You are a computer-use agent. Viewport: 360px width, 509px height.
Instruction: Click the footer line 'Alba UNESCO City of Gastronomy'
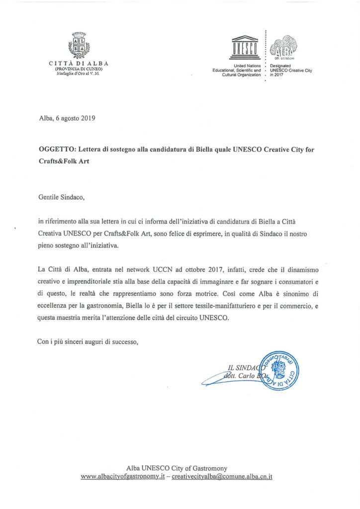tap(176, 468)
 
